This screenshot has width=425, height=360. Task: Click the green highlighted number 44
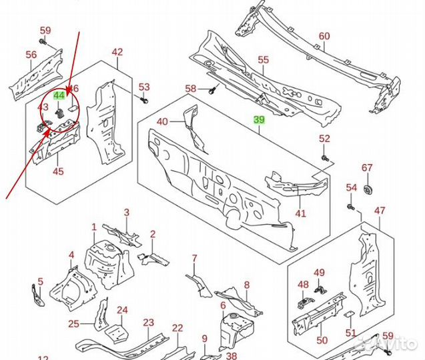(x=59, y=96)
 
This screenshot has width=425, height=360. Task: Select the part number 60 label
(x=324, y=36)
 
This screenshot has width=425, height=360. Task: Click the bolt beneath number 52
(x=325, y=159)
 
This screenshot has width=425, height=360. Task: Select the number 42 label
(x=117, y=52)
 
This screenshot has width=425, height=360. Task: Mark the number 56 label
(x=31, y=55)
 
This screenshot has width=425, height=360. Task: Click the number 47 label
(x=380, y=211)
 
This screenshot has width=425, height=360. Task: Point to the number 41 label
(x=300, y=213)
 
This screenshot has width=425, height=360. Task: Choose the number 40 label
(x=163, y=122)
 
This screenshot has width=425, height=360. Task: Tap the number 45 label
(x=58, y=172)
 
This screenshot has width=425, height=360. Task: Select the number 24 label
(x=122, y=309)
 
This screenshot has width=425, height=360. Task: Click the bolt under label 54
(x=352, y=207)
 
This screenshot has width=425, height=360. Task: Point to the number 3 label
(x=127, y=212)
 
